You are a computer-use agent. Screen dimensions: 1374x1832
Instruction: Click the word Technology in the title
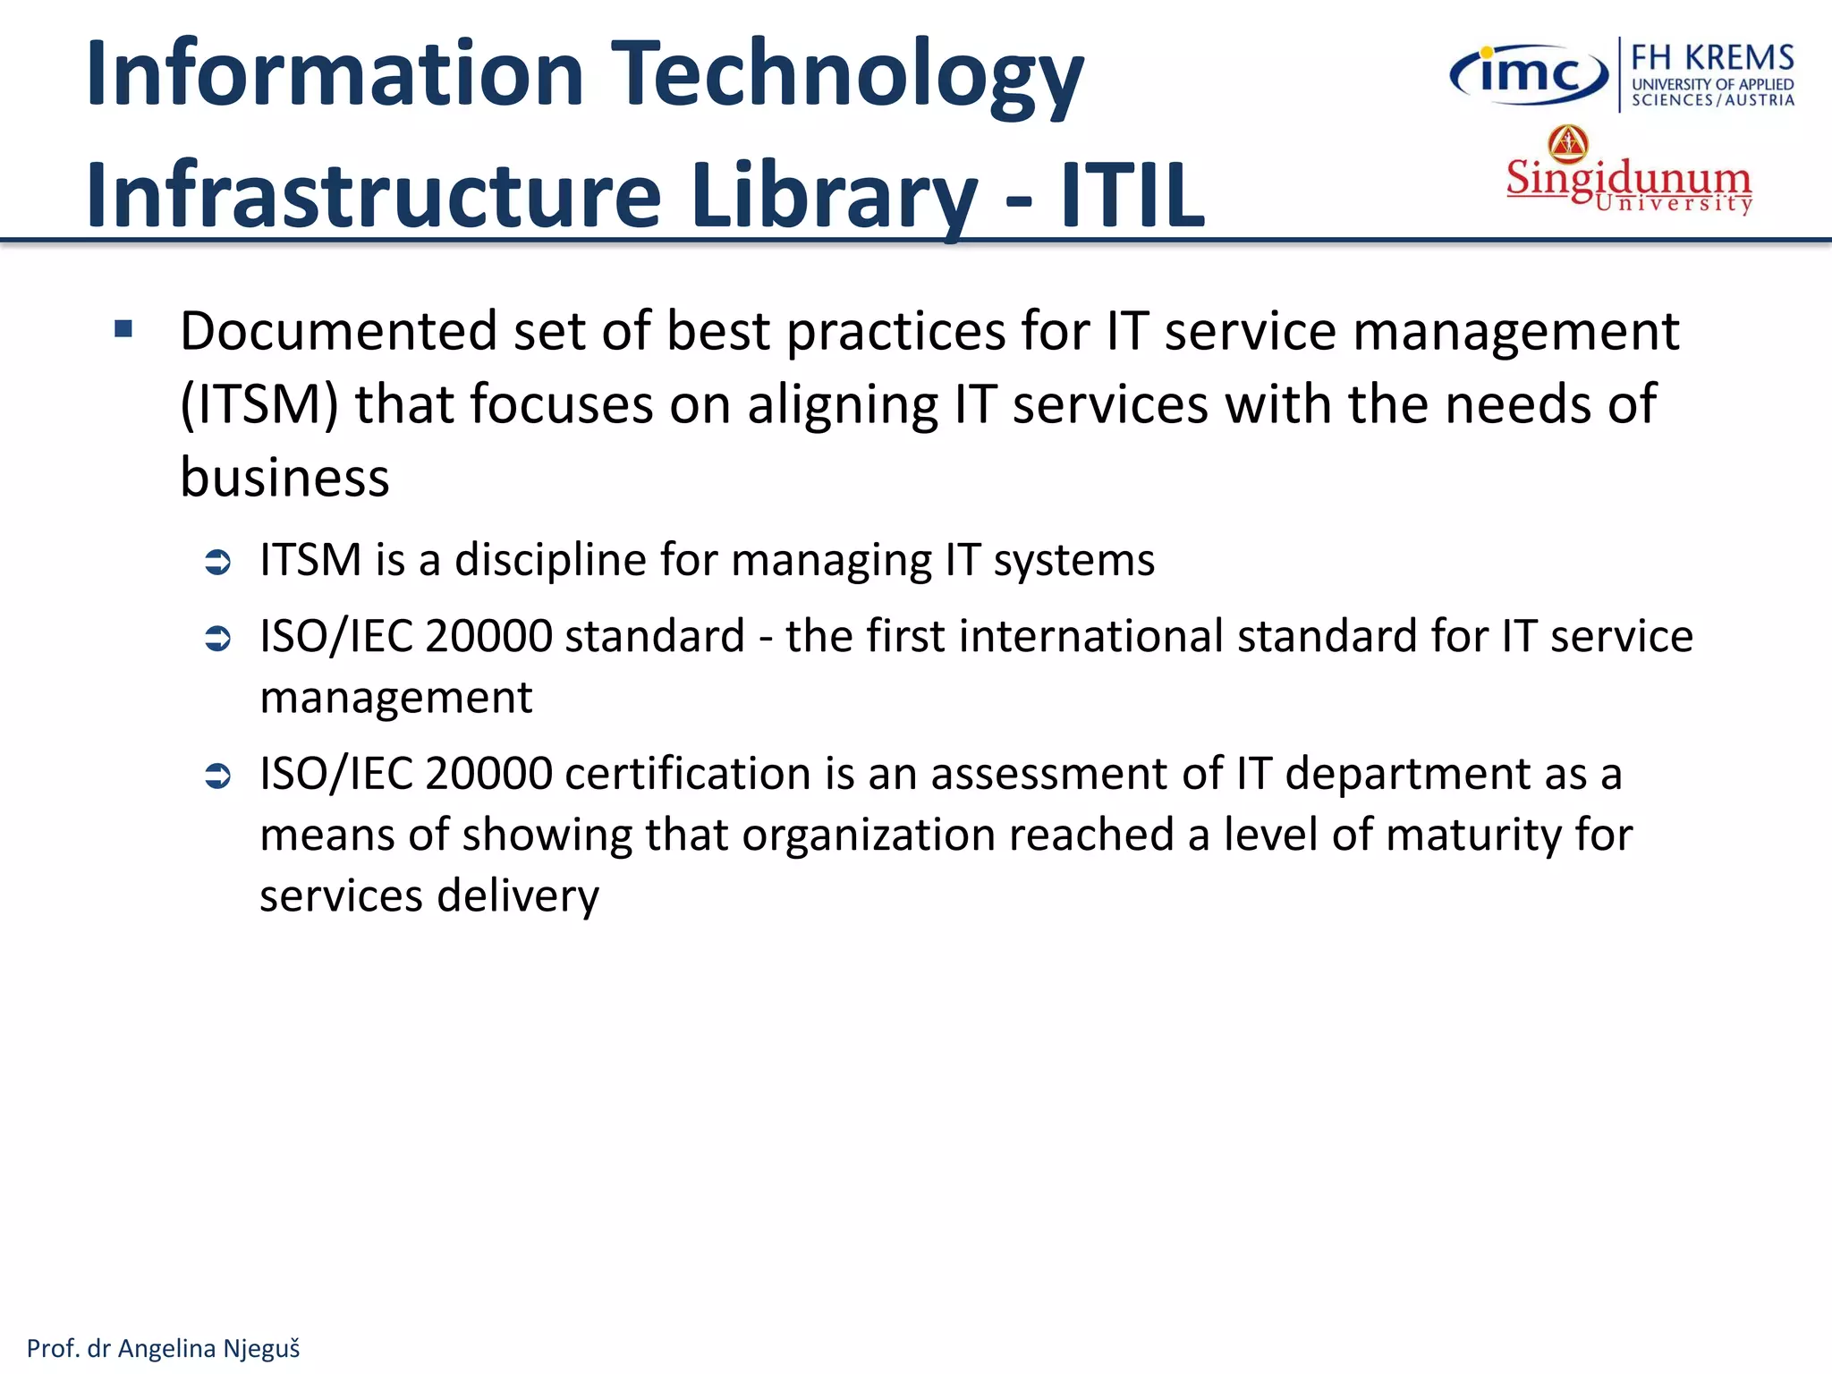[x=850, y=75]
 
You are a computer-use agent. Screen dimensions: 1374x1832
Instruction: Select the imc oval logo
[x=1529, y=74]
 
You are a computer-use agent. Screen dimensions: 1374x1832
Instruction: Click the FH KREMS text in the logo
[x=1712, y=58]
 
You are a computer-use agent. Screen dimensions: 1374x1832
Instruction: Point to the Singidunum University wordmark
[x=1628, y=184]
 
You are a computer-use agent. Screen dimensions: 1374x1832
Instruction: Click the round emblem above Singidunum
[x=1568, y=143]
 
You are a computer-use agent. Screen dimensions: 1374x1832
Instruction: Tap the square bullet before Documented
[x=123, y=329]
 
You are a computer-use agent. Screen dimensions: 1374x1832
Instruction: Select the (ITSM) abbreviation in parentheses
[x=259, y=404]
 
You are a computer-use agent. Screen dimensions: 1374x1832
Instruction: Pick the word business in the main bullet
[x=284, y=478]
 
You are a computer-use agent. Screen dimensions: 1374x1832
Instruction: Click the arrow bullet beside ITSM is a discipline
[x=218, y=562]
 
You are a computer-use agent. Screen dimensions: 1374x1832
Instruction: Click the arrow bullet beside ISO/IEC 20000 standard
[x=218, y=638]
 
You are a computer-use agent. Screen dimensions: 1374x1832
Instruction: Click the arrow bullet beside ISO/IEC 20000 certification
[x=218, y=775]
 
